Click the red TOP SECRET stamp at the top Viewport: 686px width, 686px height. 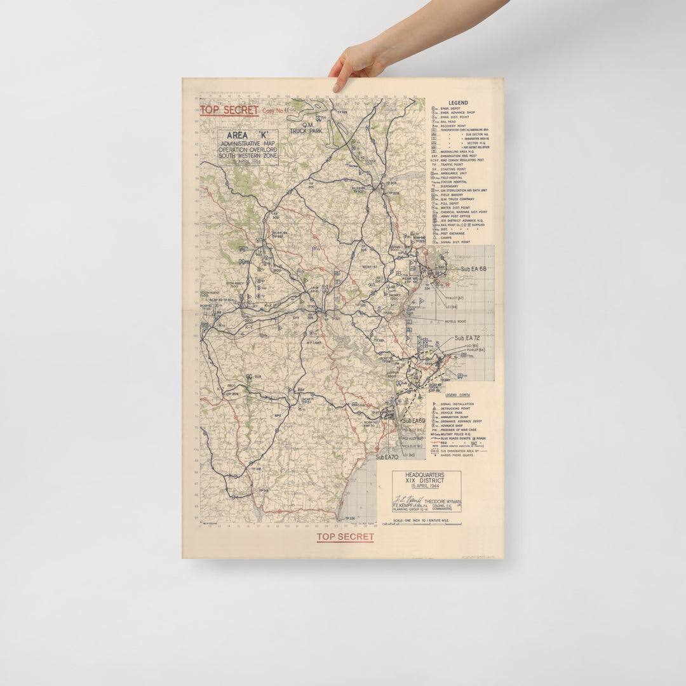(x=229, y=110)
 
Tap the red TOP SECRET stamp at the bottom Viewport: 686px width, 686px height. (x=345, y=537)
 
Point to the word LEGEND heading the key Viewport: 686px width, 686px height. (x=458, y=103)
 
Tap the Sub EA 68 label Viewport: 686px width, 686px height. (x=473, y=269)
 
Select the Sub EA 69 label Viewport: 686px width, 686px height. (x=414, y=421)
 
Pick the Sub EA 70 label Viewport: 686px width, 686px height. (x=387, y=457)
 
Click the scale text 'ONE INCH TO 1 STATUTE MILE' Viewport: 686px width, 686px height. (x=423, y=520)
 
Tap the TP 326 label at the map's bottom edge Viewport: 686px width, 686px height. (x=347, y=519)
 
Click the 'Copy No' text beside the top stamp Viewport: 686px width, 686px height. (x=272, y=111)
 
